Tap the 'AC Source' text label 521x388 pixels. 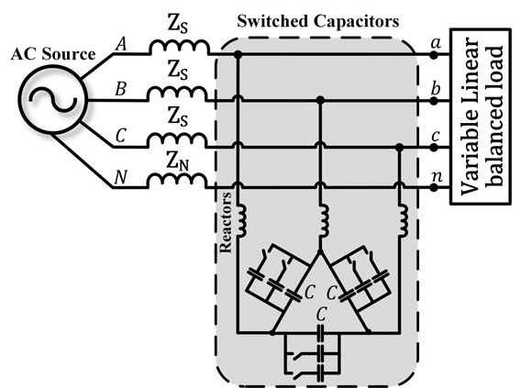(53, 54)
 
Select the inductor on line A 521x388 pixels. (180, 47)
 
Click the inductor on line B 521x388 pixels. (177, 94)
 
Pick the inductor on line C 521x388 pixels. (177, 139)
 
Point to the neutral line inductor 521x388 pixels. (177, 180)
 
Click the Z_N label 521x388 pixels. (177, 161)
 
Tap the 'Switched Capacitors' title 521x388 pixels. (318, 21)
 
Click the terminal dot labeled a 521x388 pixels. (433, 55)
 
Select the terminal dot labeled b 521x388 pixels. (433, 101)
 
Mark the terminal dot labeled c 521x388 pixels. (433, 148)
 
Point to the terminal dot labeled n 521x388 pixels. (433, 188)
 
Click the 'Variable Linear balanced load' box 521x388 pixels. (481, 116)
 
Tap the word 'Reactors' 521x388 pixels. (226, 222)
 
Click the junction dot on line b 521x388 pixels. (320, 100)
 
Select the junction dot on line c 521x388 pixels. (400, 147)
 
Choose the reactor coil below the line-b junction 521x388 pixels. (323, 220)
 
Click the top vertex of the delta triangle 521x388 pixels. (320, 252)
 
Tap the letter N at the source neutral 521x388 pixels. (120, 177)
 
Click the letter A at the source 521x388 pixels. (121, 44)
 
